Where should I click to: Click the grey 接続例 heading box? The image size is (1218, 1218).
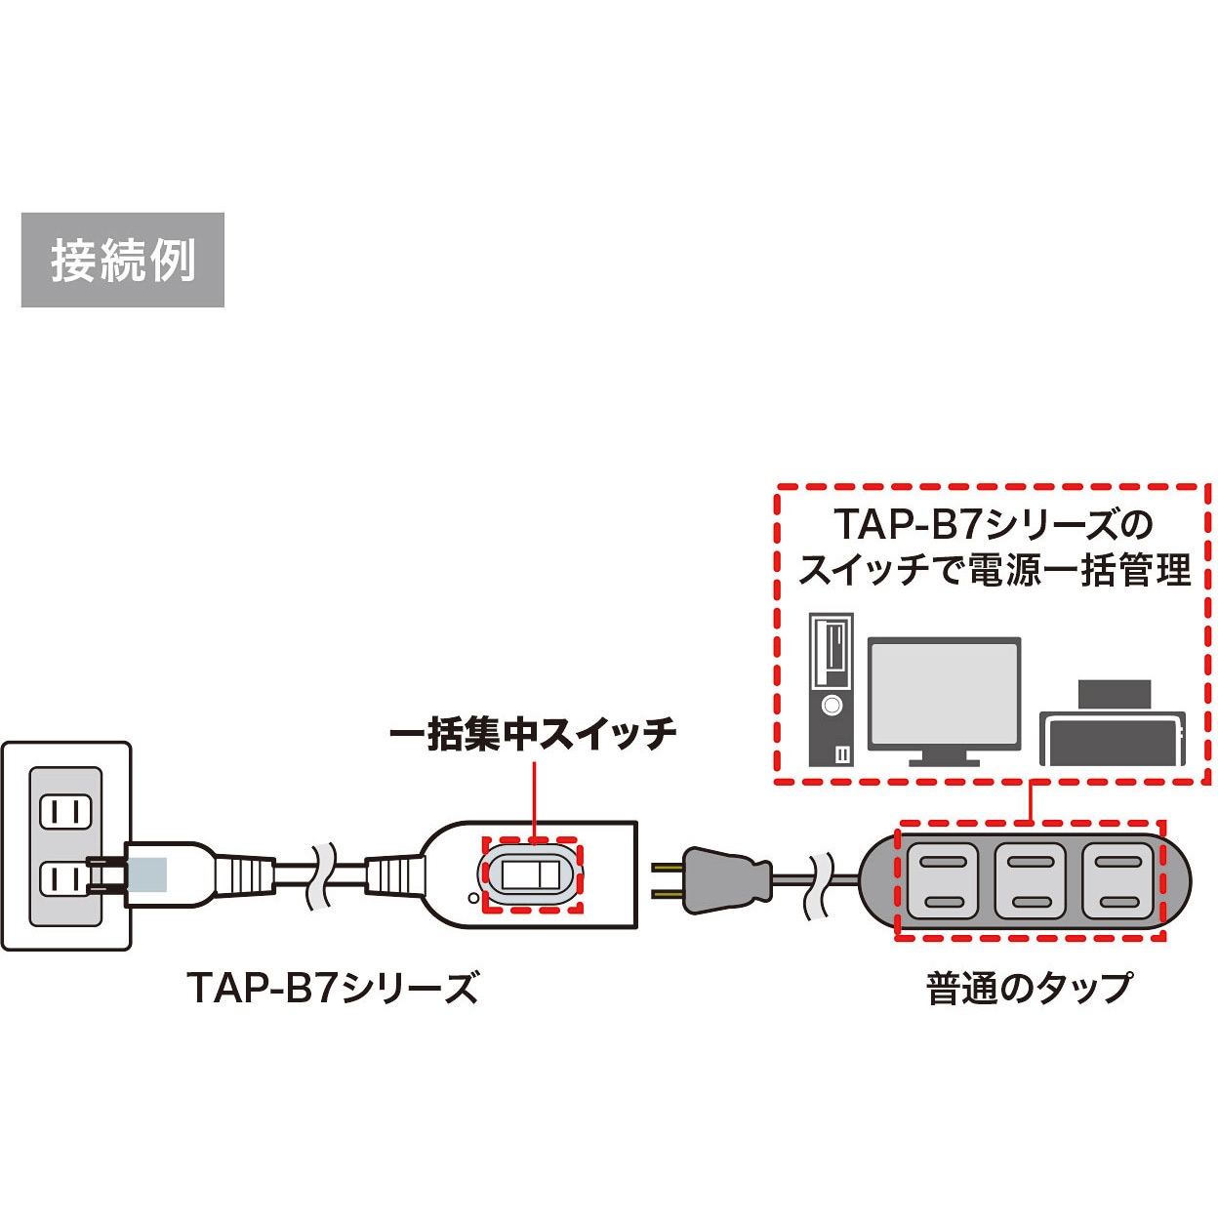122,260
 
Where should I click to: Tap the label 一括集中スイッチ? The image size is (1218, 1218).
533,734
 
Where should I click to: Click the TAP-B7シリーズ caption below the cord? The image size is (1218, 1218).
333,988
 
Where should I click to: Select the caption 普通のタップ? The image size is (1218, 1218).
1029,988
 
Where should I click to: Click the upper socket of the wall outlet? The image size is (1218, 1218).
64,812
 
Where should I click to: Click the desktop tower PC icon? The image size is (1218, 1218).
831,689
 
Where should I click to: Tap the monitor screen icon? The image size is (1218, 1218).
944,699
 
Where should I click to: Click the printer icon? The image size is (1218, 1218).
1113,727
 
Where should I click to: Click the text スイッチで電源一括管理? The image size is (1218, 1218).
994,570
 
